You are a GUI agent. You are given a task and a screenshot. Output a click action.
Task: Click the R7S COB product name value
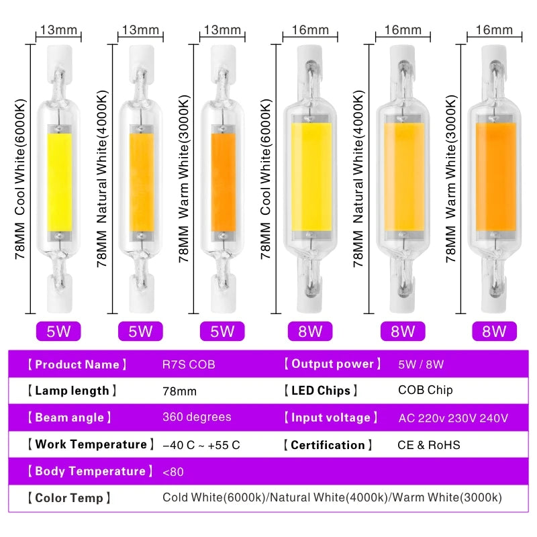point(189,364)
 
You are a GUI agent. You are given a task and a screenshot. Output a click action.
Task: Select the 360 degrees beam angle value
point(197,417)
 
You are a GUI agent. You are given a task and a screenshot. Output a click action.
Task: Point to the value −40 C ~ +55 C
point(201,444)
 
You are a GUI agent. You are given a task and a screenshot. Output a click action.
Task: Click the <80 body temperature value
point(173,471)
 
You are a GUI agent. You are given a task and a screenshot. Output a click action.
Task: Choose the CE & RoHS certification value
point(429,444)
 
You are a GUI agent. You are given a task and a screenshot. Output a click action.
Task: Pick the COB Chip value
point(426,390)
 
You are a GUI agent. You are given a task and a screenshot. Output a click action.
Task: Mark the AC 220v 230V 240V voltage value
point(453,418)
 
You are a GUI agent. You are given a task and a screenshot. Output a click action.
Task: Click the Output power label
point(332,364)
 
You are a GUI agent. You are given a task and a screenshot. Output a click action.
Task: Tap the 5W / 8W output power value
point(421,364)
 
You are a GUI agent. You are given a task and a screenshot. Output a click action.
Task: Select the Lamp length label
point(72,391)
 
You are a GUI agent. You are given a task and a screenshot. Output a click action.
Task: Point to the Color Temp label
point(68,498)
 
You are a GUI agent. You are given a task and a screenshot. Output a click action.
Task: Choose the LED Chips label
point(320,391)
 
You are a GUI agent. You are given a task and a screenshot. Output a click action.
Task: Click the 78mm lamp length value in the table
point(179,391)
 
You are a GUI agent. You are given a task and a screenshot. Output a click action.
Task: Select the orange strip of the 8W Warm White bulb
point(495,178)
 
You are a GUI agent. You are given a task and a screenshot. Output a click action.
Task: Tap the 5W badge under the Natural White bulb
point(140,331)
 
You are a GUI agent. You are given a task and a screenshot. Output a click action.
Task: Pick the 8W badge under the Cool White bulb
point(310,331)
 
